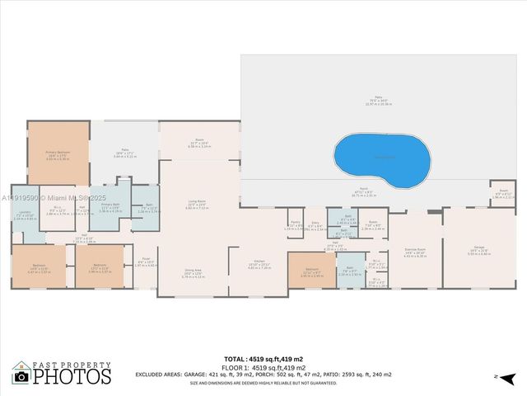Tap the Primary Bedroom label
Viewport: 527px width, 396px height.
58,153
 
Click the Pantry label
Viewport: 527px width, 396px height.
295,224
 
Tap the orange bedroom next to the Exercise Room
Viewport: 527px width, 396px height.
311,271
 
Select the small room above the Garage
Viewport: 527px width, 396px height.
503,195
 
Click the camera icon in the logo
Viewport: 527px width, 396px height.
22,375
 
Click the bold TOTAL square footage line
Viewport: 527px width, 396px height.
263,359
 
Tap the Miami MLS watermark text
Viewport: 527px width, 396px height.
49,197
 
